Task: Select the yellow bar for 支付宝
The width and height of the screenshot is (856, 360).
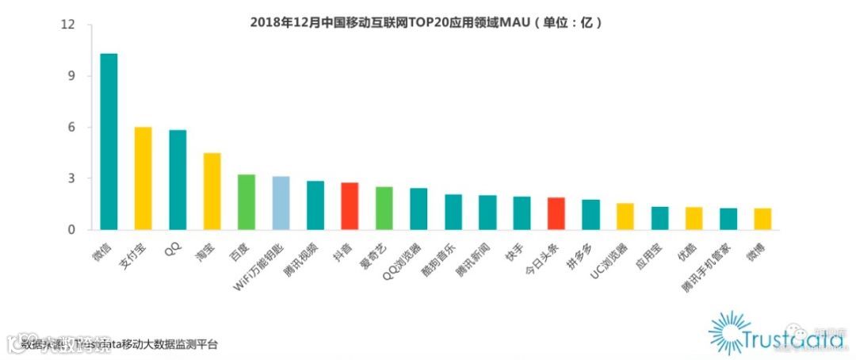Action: (143, 178)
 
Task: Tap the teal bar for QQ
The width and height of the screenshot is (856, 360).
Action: (178, 180)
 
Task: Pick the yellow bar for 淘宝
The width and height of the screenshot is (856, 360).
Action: (212, 191)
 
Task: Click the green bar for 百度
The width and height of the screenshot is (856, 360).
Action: (246, 202)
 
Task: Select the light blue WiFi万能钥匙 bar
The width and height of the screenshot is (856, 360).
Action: (281, 203)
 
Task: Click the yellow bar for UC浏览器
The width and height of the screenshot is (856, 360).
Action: (625, 216)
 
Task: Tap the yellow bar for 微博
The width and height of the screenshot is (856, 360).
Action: (762, 219)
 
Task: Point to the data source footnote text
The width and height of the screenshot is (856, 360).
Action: (119, 345)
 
